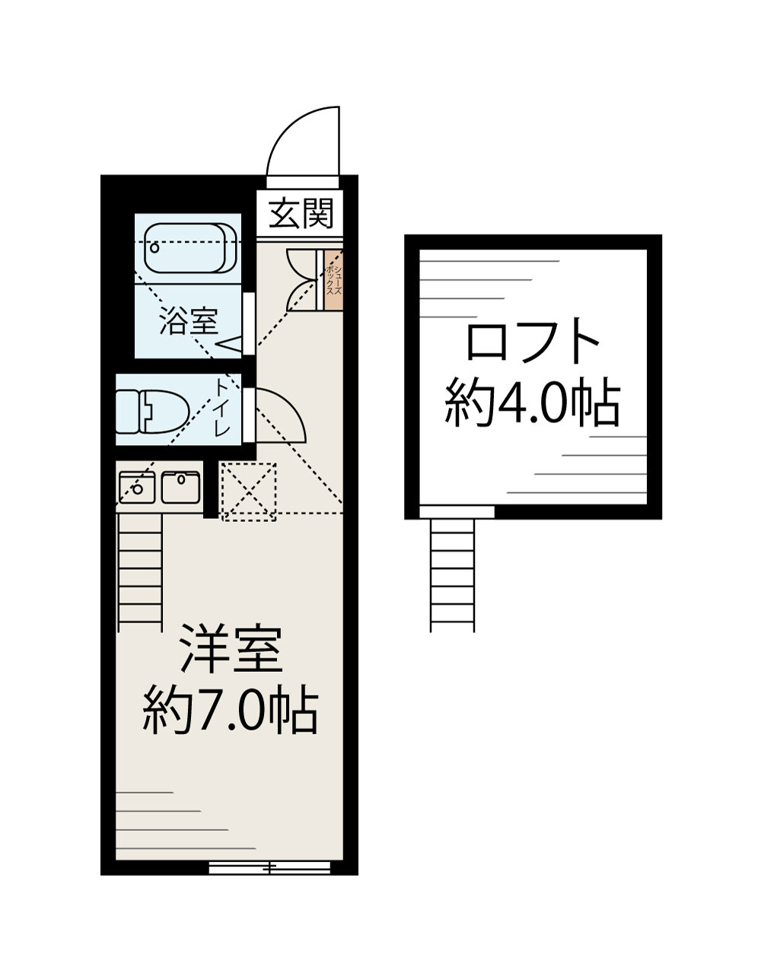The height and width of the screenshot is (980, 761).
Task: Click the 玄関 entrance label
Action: pos(302,214)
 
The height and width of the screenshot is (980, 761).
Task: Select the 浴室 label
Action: pos(189,323)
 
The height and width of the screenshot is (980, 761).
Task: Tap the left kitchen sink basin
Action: pos(137,487)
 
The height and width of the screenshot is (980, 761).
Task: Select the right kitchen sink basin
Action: pos(180,487)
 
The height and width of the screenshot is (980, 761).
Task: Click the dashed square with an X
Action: pos(248,492)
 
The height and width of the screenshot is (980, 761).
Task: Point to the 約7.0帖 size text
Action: pos(231,711)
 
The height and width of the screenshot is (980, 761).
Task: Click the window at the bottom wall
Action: pos(269,866)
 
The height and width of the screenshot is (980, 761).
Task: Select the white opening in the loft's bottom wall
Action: pos(457,511)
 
